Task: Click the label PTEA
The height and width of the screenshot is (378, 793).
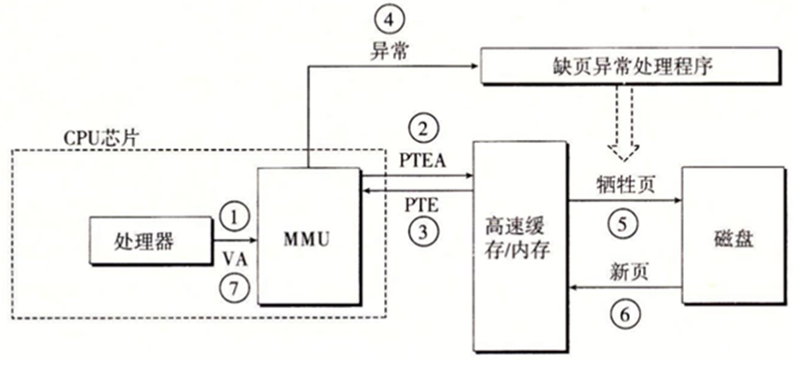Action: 420,160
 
